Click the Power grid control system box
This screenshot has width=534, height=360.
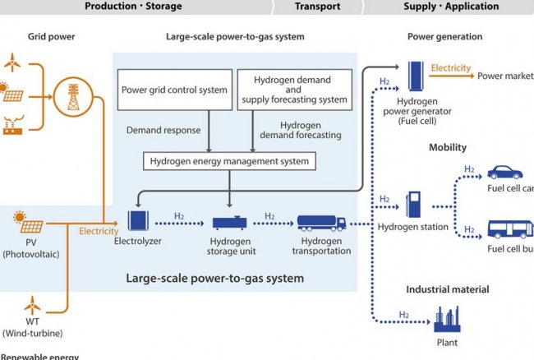(x=175, y=90)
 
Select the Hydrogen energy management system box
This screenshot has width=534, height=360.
(x=229, y=161)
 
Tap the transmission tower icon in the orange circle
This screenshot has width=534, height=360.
(x=72, y=96)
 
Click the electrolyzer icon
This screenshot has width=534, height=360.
(x=139, y=220)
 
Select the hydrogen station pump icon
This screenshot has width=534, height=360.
(x=413, y=205)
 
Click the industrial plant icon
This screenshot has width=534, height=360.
(x=447, y=318)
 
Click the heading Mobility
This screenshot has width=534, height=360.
(x=447, y=148)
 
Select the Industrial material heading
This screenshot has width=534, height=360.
(x=447, y=289)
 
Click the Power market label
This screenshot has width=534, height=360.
(x=504, y=76)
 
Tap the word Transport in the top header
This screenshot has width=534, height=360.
(x=317, y=7)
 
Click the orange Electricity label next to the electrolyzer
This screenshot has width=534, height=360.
(x=99, y=231)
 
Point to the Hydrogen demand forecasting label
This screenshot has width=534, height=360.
(x=289, y=130)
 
